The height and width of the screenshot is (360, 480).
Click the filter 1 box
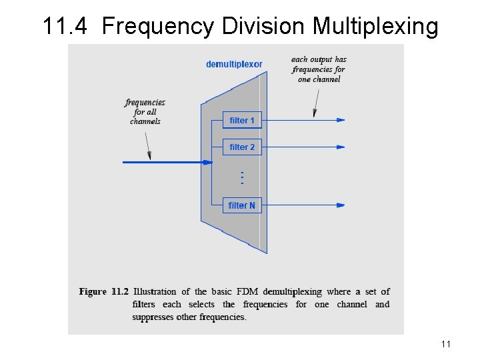pos(242,121)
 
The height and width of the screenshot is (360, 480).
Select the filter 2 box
pos(242,147)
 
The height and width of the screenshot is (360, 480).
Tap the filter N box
pos(242,205)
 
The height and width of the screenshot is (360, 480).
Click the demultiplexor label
pos(234,65)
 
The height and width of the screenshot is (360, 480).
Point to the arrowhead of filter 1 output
pos(341,121)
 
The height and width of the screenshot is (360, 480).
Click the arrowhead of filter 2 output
pos(341,147)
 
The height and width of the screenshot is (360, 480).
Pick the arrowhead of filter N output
pos(341,205)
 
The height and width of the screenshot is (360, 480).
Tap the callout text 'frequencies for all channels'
pos(145,112)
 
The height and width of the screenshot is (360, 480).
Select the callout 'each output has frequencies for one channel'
pos(319,69)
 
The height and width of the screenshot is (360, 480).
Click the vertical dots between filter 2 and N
pos(241,178)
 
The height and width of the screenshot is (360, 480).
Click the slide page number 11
pos(446,344)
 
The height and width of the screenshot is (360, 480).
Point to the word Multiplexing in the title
pos(375,27)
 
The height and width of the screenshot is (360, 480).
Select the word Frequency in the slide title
pos(157,27)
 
